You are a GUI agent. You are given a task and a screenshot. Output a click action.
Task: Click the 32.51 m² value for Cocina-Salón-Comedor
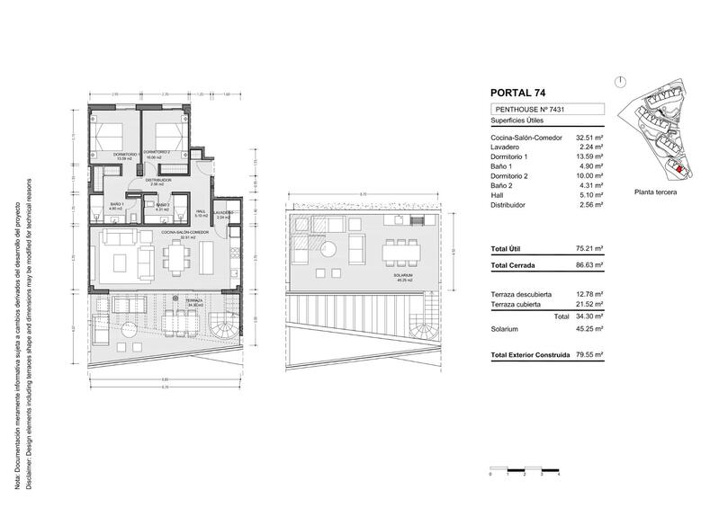[x=589, y=137]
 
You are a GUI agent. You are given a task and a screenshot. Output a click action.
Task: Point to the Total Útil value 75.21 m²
[x=589, y=247]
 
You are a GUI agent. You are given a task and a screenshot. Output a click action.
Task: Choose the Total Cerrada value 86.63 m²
[x=589, y=267]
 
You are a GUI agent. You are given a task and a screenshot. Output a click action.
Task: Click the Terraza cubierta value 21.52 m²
[x=589, y=306]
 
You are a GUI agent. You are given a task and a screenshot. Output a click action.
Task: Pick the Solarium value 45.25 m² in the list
[x=589, y=329]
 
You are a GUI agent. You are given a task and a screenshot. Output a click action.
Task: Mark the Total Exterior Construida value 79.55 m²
[x=589, y=355]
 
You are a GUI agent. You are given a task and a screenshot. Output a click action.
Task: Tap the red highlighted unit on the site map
[x=679, y=166]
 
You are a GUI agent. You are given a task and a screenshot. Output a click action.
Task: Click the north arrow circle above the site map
[x=620, y=81]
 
